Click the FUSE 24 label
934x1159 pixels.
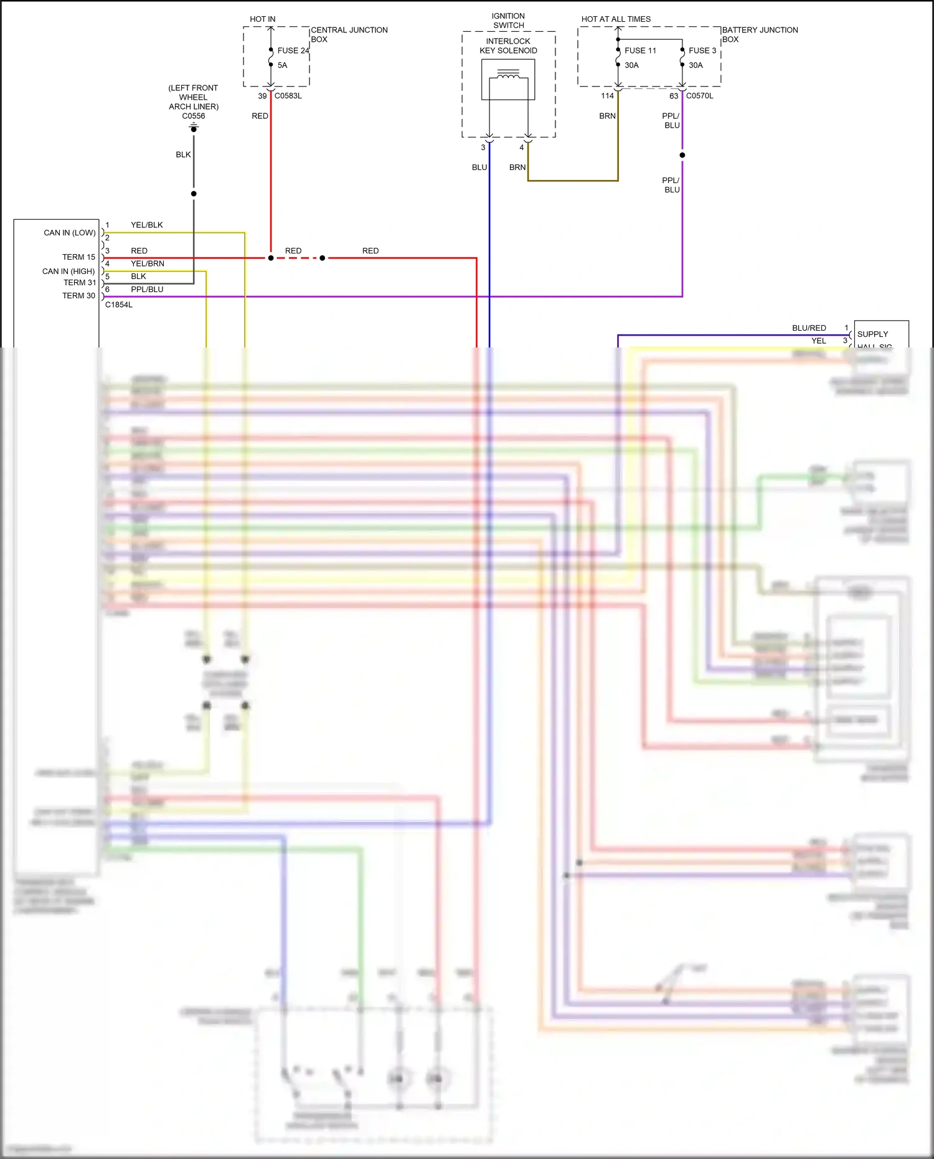point(293,50)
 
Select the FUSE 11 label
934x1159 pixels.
point(640,50)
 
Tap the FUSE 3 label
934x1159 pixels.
point(702,50)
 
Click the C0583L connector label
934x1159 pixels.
point(288,96)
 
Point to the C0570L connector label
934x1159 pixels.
point(700,96)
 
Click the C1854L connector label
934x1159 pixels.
point(119,305)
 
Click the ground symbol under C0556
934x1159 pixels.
point(194,128)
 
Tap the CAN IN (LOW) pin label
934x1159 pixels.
point(69,233)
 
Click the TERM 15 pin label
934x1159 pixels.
point(78,257)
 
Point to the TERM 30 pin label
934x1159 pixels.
point(78,296)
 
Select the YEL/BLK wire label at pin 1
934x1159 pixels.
point(147,225)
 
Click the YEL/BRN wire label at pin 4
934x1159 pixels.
point(148,263)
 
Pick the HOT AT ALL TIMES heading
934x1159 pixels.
point(616,19)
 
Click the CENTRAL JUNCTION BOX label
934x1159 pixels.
point(349,34)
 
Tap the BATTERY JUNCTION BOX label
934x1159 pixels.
point(760,34)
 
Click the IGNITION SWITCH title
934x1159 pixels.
point(508,21)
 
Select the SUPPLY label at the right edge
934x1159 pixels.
point(872,334)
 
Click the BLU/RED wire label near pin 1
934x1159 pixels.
point(809,328)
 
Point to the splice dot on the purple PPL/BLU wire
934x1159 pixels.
point(682,155)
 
